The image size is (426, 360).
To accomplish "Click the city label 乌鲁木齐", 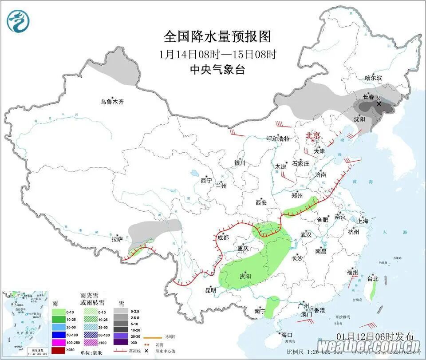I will point(112,102).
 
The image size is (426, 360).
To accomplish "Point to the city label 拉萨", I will point(117,239).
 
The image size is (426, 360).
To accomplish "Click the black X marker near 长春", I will point(379,104).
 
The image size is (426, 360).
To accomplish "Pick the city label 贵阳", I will point(245,276).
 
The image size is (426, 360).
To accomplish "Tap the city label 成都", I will point(223,237).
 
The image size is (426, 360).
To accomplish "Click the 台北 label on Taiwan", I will point(373,279).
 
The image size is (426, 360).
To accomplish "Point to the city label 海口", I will point(287,335).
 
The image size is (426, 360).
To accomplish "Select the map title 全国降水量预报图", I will point(217,36).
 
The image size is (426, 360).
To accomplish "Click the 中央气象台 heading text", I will point(217,70).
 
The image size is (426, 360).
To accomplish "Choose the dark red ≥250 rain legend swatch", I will point(59,350).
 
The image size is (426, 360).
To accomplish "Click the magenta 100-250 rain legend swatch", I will point(59,342).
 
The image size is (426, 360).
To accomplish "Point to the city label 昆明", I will point(210,290).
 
